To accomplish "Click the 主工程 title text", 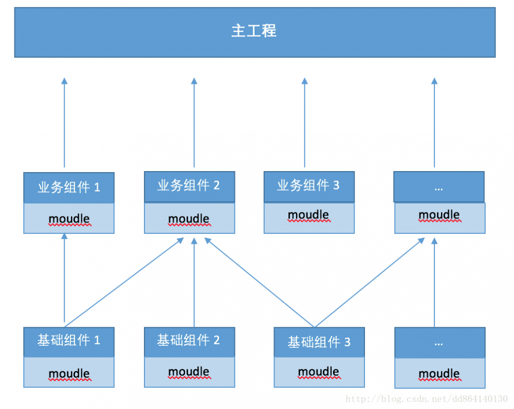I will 254,31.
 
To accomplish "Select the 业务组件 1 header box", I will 69,188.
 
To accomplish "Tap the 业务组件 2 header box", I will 189,186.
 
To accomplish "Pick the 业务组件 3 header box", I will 309,186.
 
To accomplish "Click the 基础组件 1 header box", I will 69,341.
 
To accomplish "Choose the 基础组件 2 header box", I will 189,341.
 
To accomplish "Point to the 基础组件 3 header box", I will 319,342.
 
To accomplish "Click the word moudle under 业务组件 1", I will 69,219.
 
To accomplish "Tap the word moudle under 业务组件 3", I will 308,215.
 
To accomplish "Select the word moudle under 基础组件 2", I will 189,371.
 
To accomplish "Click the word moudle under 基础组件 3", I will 319,371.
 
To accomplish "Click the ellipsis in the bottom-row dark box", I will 438,343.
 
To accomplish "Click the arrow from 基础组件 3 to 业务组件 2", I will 260,282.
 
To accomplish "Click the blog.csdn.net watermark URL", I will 427,399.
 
